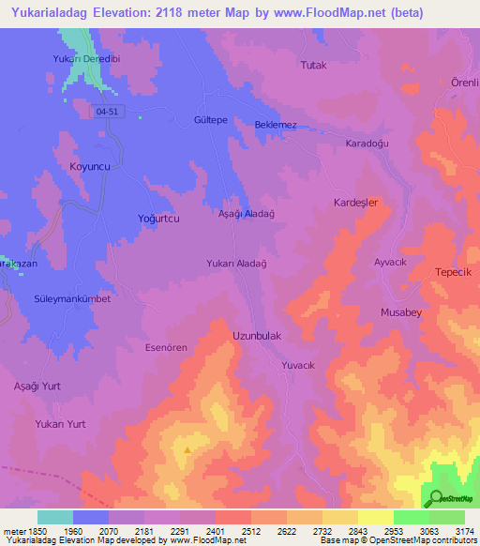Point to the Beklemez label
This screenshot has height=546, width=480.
[x=276, y=125]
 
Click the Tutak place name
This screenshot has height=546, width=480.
[x=312, y=65]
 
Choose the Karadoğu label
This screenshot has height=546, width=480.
[x=367, y=144]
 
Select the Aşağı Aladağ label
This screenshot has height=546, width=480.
[x=246, y=215]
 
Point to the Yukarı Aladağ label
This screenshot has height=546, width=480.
[x=237, y=265]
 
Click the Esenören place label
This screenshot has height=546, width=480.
[x=166, y=347]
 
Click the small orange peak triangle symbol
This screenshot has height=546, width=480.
[x=187, y=449]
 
